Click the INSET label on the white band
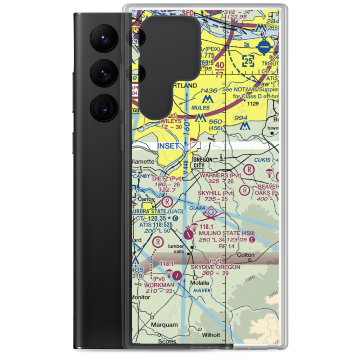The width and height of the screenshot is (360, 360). coord(168,146)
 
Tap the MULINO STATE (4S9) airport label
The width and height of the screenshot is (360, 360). coord(226,233)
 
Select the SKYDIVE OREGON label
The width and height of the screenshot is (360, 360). coord(215,267)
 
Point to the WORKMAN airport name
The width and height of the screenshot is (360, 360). coord(159,285)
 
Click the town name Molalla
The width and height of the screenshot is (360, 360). coord(200,283)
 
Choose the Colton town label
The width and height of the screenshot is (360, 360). coord(246,255)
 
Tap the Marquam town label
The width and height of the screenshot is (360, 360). coord(165,325)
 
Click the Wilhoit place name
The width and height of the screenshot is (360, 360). coord(211,335)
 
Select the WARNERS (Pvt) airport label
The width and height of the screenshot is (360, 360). coord(219,175)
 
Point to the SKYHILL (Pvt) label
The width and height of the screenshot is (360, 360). coord(216,193)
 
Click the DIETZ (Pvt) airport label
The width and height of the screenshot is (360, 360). coord(167,179)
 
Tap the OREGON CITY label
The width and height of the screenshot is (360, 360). coord(204,162)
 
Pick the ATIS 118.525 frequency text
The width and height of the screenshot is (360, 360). coord(156,225)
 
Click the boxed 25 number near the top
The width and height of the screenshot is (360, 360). coord(248,61)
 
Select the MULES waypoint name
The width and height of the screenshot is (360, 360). coord(201,108)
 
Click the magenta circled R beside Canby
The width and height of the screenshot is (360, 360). coord(167,201)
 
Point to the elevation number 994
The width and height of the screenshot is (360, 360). coord(240,118)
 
